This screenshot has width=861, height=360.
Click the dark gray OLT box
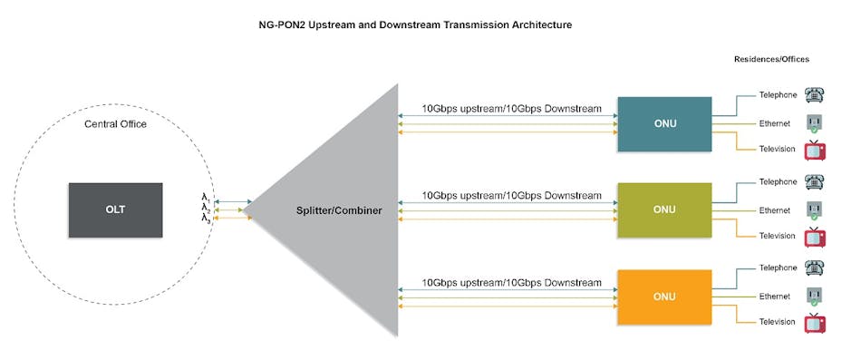[x=115, y=209]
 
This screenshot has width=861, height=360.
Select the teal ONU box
[x=664, y=123]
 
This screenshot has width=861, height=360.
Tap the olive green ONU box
[x=664, y=209]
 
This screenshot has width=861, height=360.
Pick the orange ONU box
[x=664, y=297]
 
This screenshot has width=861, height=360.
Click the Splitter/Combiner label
[x=339, y=210]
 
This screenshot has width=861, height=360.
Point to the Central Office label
[x=115, y=124]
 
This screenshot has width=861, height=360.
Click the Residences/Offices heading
[x=771, y=59]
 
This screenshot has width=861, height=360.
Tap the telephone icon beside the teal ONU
[x=814, y=95]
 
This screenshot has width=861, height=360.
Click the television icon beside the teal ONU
[x=815, y=151]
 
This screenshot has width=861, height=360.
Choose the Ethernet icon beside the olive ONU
[x=814, y=210]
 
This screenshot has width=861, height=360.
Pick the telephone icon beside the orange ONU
[x=814, y=269]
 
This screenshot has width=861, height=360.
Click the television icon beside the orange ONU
[x=815, y=324]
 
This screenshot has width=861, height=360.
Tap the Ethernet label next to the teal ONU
[x=775, y=123]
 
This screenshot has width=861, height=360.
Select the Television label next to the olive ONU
[x=777, y=236]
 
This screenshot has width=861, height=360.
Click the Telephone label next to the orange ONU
[x=778, y=268]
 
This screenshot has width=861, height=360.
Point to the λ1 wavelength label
[x=206, y=197]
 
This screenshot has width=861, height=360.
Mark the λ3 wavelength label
[x=206, y=219]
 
